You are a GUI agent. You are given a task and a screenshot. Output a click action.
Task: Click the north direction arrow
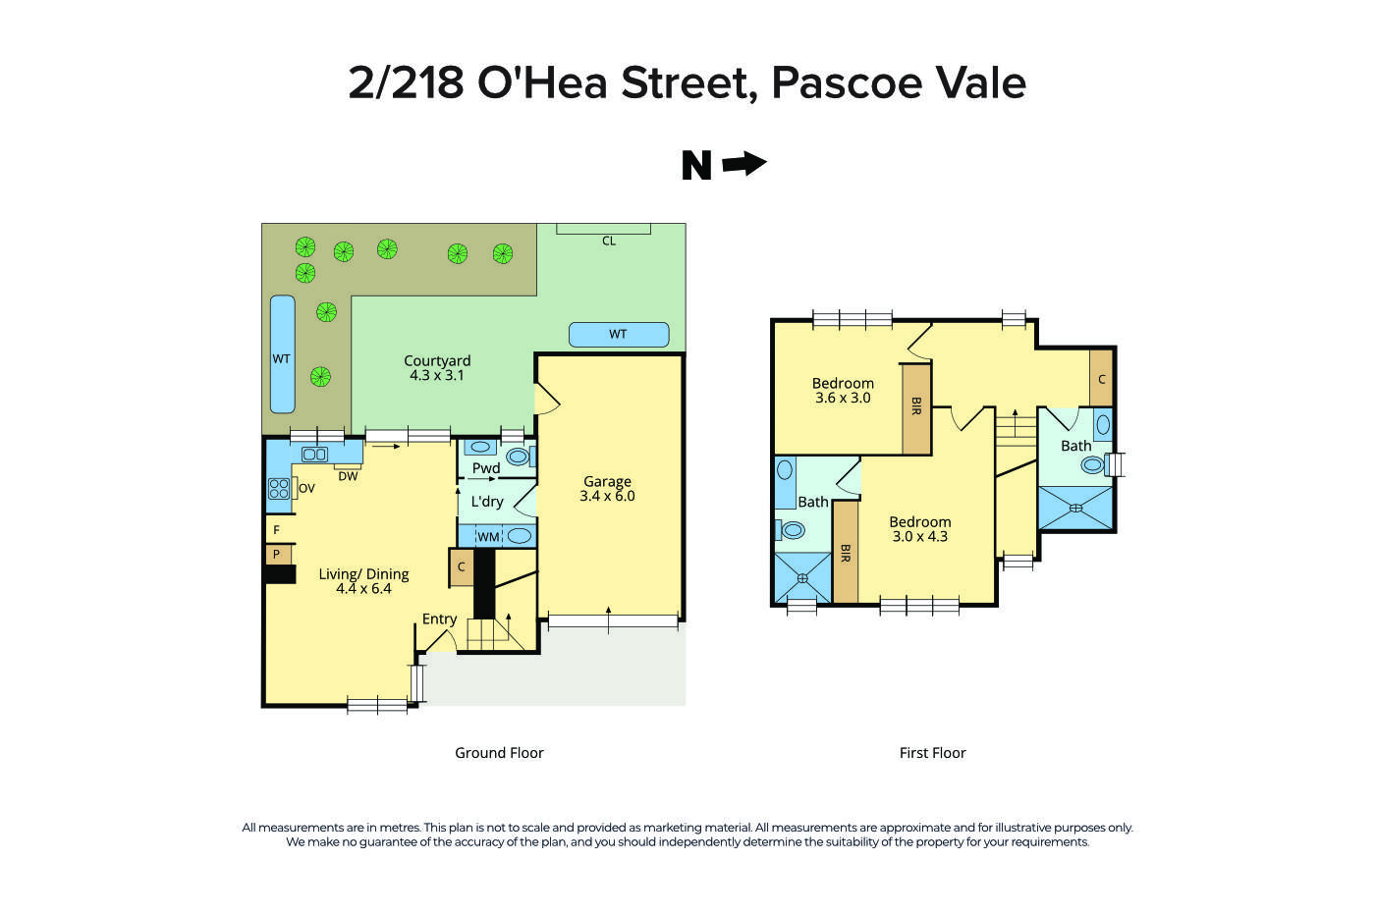[743, 164]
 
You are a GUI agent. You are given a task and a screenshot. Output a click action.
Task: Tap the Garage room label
[607, 489]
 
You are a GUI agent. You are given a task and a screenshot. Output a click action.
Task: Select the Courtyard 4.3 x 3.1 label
[437, 368]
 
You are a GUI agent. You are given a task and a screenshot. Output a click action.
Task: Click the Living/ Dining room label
[363, 581]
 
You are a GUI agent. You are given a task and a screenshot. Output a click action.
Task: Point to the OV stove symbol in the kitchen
[280, 488]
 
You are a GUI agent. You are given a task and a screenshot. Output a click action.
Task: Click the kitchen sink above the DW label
[314, 454]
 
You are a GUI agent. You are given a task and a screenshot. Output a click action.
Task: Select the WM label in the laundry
[488, 537]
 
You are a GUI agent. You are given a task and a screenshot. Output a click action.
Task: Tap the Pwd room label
[486, 468]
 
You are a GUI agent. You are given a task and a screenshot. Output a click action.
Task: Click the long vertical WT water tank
[282, 354]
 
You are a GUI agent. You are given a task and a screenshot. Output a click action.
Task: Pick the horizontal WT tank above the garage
[618, 335]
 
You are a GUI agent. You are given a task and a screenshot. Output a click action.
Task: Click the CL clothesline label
[609, 241]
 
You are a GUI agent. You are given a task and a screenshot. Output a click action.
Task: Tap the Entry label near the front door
[439, 619]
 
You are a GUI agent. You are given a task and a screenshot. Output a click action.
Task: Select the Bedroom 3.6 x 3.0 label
[843, 391]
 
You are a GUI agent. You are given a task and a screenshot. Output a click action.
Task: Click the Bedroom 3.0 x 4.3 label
[920, 529]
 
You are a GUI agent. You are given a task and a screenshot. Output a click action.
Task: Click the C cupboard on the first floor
[1102, 378]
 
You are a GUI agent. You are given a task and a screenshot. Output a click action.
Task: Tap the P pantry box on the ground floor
[277, 555]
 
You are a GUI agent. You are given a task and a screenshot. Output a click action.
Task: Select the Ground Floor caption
[499, 753]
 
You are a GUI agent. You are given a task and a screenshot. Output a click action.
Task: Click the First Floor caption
[933, 753]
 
